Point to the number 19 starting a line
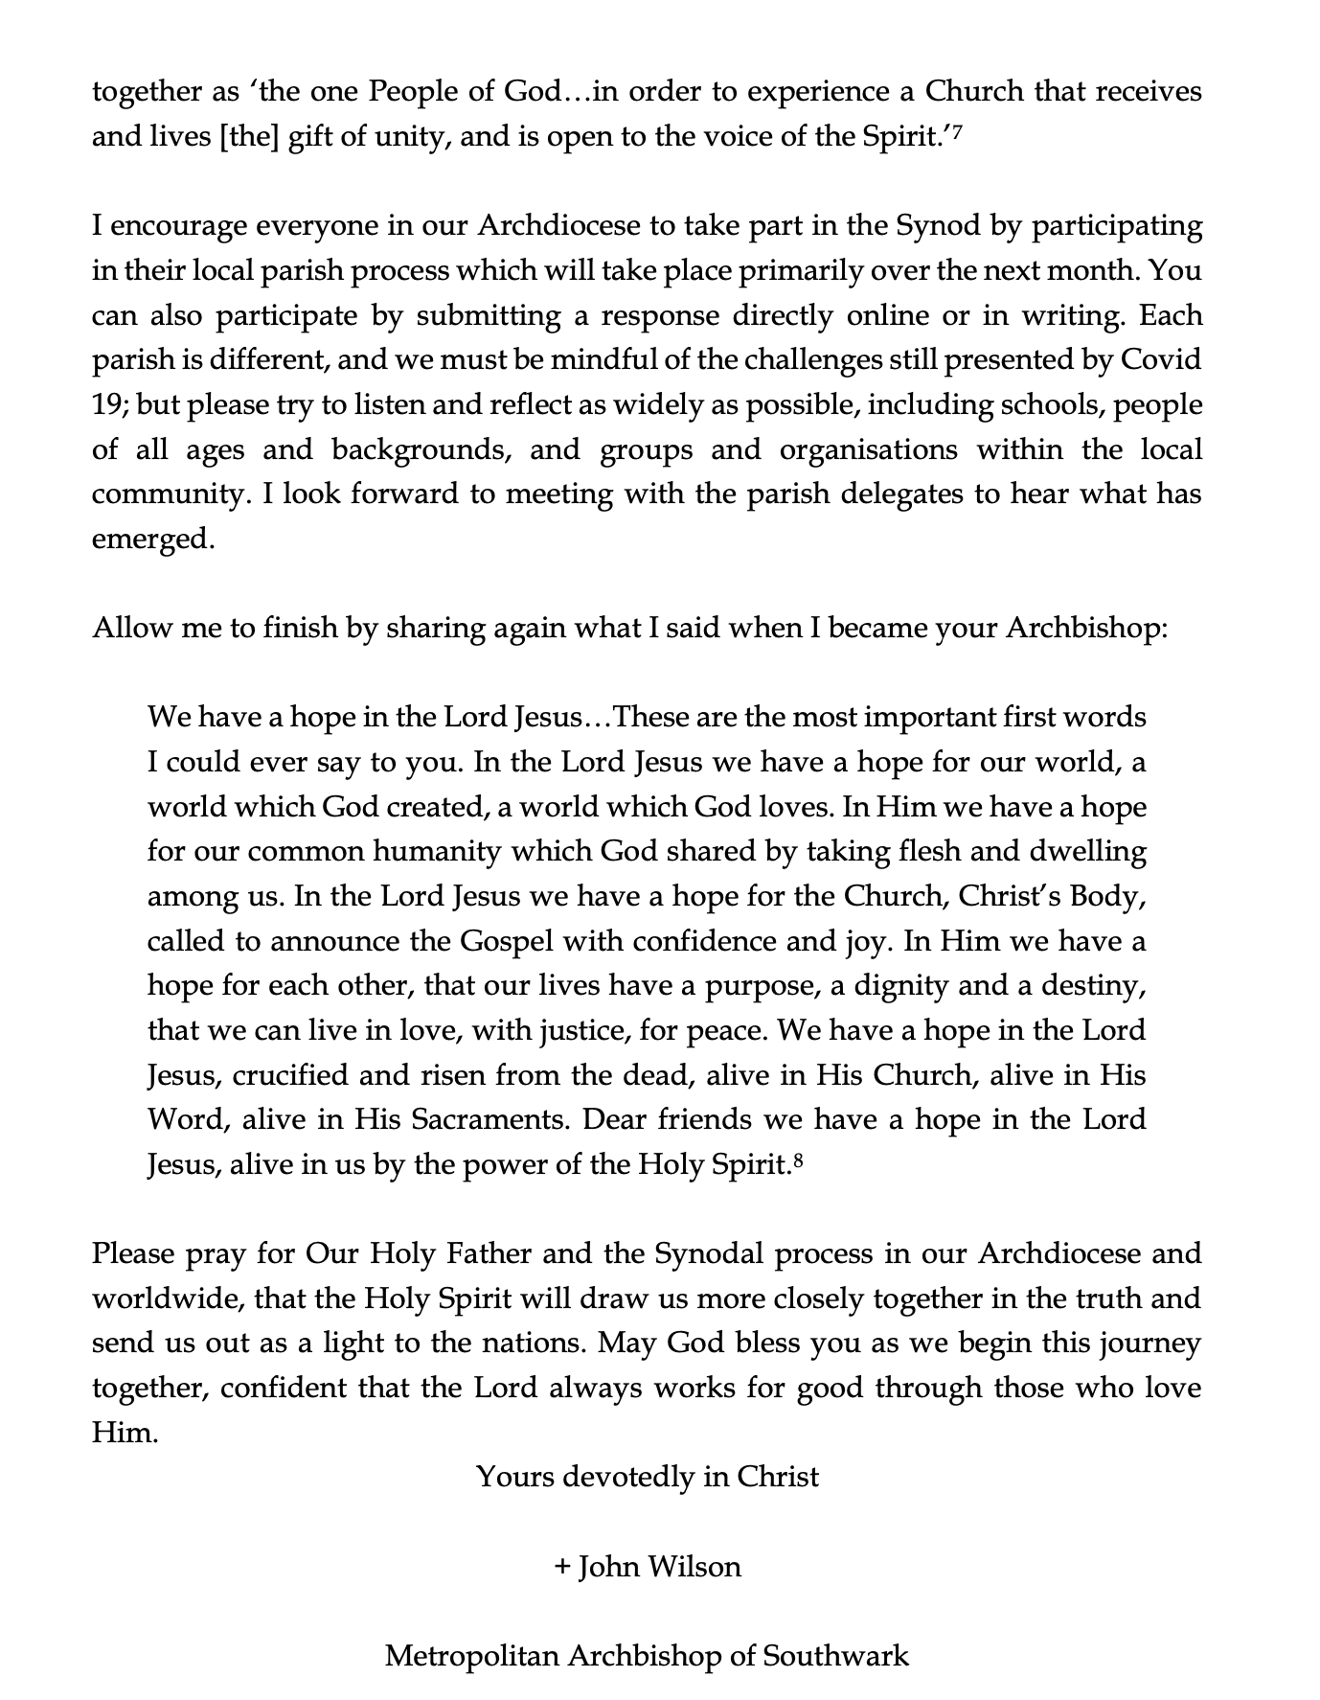105,405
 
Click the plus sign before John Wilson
562,1567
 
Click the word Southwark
835,1655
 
